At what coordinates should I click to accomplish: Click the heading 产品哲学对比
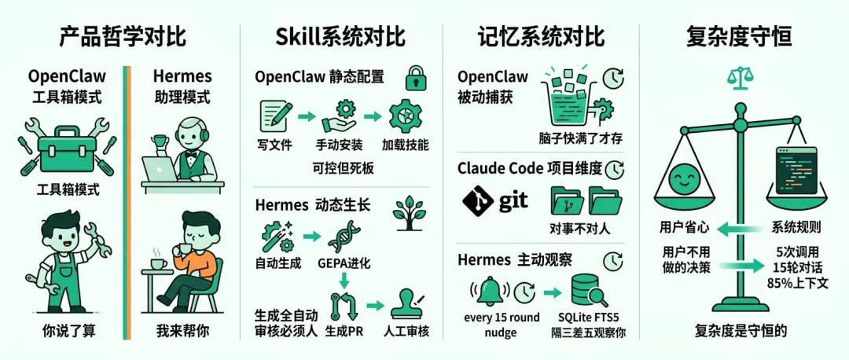pyautogui.click(x=123, y=37)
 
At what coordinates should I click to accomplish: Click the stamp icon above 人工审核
pyautogui.click(x=406, y=303)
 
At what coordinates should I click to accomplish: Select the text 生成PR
pyautogui.click(x=344, y=332)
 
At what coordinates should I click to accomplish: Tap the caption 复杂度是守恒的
pyautogui.click(x=741, y=331)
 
